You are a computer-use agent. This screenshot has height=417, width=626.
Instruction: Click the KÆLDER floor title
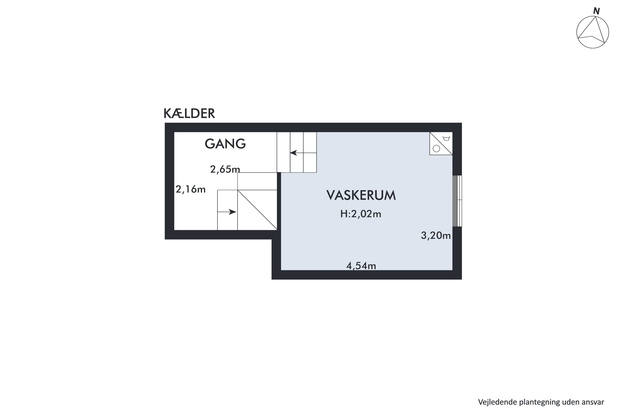[189, 114]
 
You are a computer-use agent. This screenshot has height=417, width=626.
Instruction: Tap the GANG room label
[225, 144]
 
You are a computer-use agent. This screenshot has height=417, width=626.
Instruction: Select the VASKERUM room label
[361, 196]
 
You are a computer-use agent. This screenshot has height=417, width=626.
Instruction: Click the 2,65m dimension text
[225, 169]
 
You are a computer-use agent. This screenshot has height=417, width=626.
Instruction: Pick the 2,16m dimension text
[191, 189]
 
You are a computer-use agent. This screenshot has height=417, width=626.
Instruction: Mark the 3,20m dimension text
[436, 235]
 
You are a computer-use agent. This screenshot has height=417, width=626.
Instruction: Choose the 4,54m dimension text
[361, 266]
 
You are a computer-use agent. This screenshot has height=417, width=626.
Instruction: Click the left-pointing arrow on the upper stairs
[294, 153]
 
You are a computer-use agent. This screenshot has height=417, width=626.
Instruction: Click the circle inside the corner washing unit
[436, 149]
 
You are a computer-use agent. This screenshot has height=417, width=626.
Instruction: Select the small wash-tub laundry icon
[446, 138]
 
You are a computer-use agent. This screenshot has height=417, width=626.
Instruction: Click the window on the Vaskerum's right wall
[457, 201]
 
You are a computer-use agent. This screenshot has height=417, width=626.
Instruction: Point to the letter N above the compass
[596, 11]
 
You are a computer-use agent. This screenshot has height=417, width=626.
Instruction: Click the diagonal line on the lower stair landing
[257, 210]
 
